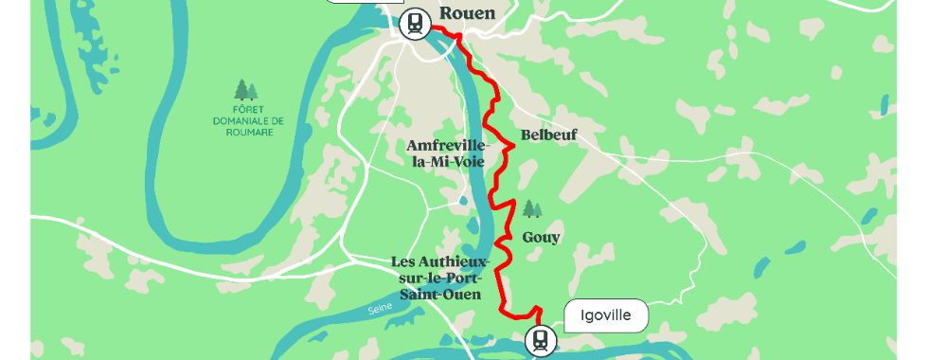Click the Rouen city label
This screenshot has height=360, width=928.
pyautogui.click(x=468, y=13)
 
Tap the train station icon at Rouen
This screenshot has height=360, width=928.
pyautogui.click(x=415, y=24)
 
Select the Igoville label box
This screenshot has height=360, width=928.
pyautogui.click(x=606, y=315)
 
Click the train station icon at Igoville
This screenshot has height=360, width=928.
pyautogui.click(x=541, y=339)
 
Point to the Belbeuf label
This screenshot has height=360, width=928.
pyautogui.click(x=548, y=135)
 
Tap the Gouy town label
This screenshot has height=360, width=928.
pyautogui.click(x=541, y=237)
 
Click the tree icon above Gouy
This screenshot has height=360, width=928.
pyautogui.click(x=533, y=207)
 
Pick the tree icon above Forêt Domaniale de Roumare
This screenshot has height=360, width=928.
pyautogui.click(x=245, y=90)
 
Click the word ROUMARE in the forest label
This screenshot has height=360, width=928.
pyautogui.click(x=245, y=133)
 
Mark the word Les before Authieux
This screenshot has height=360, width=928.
pyautogui.click(x=404, y=261)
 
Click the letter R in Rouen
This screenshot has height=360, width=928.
pyautogui.click(x=446, y=13)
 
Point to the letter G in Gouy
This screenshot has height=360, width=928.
pyautogui.click(x=527, y=237)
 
